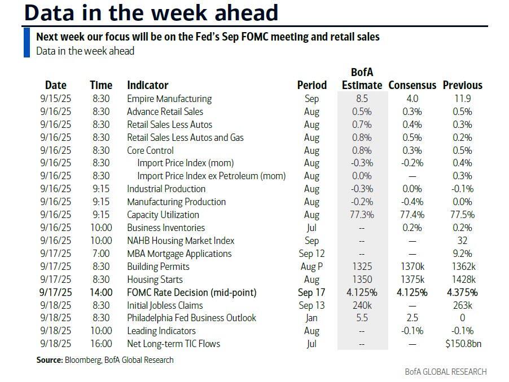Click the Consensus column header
click(x=412, y=85)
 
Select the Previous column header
click(x=462, y=85)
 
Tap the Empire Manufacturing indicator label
click(x=169, y=99)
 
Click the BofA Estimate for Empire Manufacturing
click(x=362, y=99)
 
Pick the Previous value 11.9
click(x=462, y=99)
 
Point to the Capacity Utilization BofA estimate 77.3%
click(x=362, y=215)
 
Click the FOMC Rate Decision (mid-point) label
click(x=191, y=292)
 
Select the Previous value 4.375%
click(x=462, y=292)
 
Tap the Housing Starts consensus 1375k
click(x=412, y=279)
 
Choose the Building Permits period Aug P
click(x=311, y=266)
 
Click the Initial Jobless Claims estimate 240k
click(x=362, y=305)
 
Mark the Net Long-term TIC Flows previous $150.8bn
click(x=462, y=344)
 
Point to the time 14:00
click(x=101, y=292)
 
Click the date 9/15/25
click(x=55, y=99)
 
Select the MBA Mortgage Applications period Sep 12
click(x=311, y=254)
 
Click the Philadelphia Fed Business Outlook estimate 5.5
click(x=362, y=318)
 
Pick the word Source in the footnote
click(x=49, y=359)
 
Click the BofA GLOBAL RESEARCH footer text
click(x=445, y=372)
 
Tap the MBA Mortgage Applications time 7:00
click(x=101, y=254)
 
